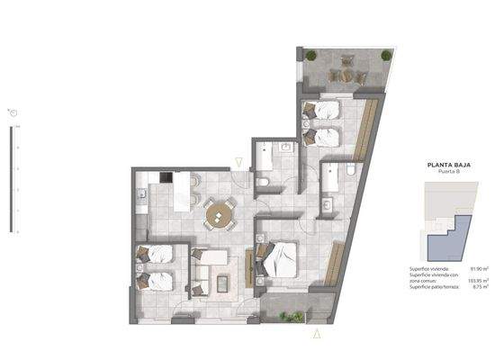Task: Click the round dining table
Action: coord(219,214)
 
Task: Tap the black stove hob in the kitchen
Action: coord(166,176)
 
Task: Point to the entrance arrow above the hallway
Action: coord(238,162)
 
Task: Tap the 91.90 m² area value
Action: coord(478,268)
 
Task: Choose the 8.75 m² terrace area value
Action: coord(480,288)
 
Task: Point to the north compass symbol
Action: coord(12,112)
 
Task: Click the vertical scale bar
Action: coord(13,180)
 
